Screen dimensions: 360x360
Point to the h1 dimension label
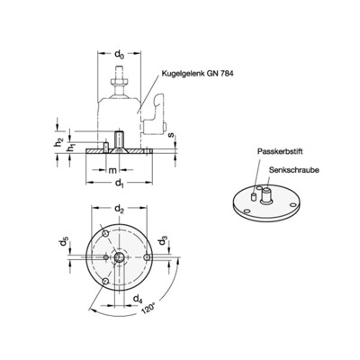[65, 149]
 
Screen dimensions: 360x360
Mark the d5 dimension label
[64, 243]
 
